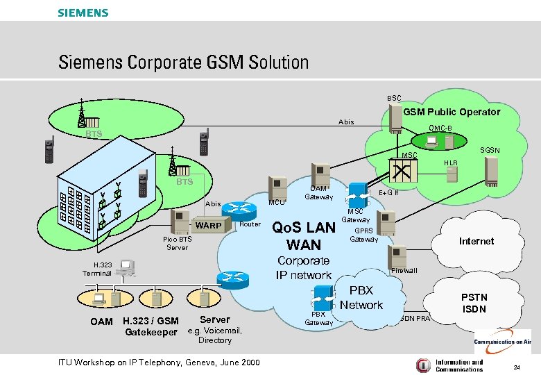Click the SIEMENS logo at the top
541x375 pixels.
(83, 12)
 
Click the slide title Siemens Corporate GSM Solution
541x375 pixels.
(183, 62)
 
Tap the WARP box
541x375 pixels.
(209, 226)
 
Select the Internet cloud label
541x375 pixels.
(476, 241)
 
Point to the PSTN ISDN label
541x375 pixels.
(474, 303)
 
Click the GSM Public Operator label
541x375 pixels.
(452, 112)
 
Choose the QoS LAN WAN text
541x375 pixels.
(303, 236)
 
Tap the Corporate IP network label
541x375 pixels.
(304, 268)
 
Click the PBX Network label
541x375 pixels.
(361, 297)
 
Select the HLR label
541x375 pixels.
(451, 162)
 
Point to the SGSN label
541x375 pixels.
(490, 150)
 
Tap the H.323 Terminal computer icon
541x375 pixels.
(127, 266)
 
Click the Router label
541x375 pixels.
(250, 224)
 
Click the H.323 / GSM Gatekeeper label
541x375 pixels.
(150, 326)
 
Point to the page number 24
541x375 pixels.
(516, 366)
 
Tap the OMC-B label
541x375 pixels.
(440, 128)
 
